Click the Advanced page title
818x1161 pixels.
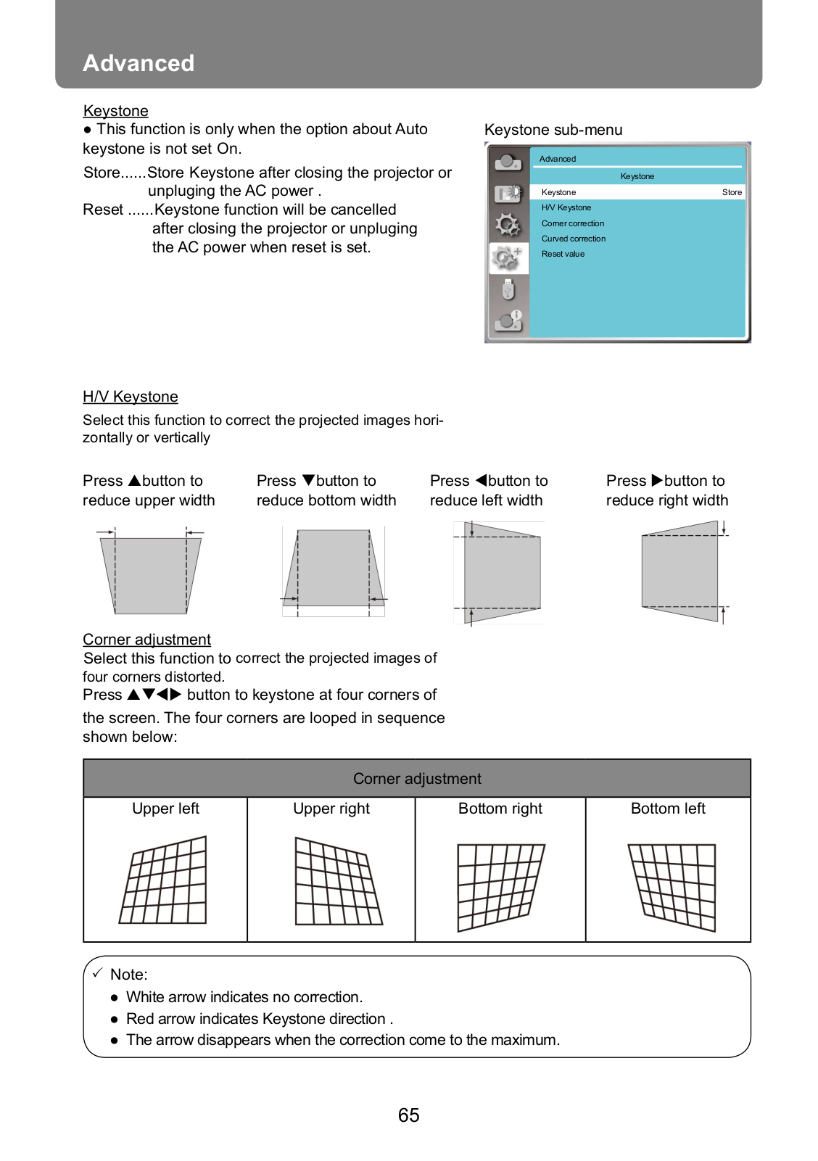tap(139, 63)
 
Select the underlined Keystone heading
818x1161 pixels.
tap(115, 111)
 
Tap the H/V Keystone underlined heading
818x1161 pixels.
tap(130, 397)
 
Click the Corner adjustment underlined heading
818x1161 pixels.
tap(146, 639)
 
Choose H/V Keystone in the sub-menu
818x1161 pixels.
tap(566, 207)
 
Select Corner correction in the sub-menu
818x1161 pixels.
tap(573, 223)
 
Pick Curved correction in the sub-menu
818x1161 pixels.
tap(574, 239)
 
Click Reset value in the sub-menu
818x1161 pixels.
tap(563, 254)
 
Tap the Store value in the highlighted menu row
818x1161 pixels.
tap(732, 192)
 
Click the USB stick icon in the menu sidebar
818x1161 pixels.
tap(508, 289)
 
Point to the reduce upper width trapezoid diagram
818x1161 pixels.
tap(150, 571)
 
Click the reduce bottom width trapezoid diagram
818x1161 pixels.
tap(334, 571)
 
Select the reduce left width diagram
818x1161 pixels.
tap(499, 572)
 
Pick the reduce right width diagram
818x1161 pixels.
tap(684, 571)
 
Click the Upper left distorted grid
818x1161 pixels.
tap(163, 880)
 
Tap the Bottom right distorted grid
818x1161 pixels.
tap(501, 888)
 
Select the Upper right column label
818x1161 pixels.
tap(331, 809)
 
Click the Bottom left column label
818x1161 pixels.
tap(668, 809)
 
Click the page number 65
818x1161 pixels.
tap(408, 1115)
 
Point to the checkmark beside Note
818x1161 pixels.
tap(98, 973)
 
